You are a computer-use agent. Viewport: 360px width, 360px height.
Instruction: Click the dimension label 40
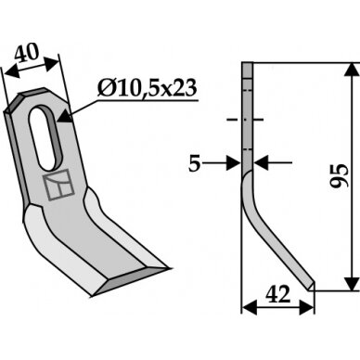pyautogui.click(x=27, y=52)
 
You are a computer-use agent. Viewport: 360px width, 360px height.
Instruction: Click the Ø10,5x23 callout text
pyautogui.click(x=147, y=88)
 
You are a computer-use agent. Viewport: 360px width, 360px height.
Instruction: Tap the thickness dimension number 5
pyautogui.click(x=195, y=163)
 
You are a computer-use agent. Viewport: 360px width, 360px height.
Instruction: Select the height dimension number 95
pyautogui.click(x=340, y=175)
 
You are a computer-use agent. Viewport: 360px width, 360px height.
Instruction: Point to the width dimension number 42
pyautogui.click(x=278, y=294)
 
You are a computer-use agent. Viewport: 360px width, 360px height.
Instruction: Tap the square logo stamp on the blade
pyautogui.click(x=58, y=185)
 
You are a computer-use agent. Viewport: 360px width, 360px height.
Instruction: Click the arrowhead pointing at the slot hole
pyautogui.click(x=64, y=116)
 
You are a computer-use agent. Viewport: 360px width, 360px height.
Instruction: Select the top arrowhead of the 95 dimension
pyautogui.click(x=352, y=70)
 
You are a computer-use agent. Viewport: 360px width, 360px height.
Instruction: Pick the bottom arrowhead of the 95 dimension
pyautogui.click(x=352, y=284)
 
